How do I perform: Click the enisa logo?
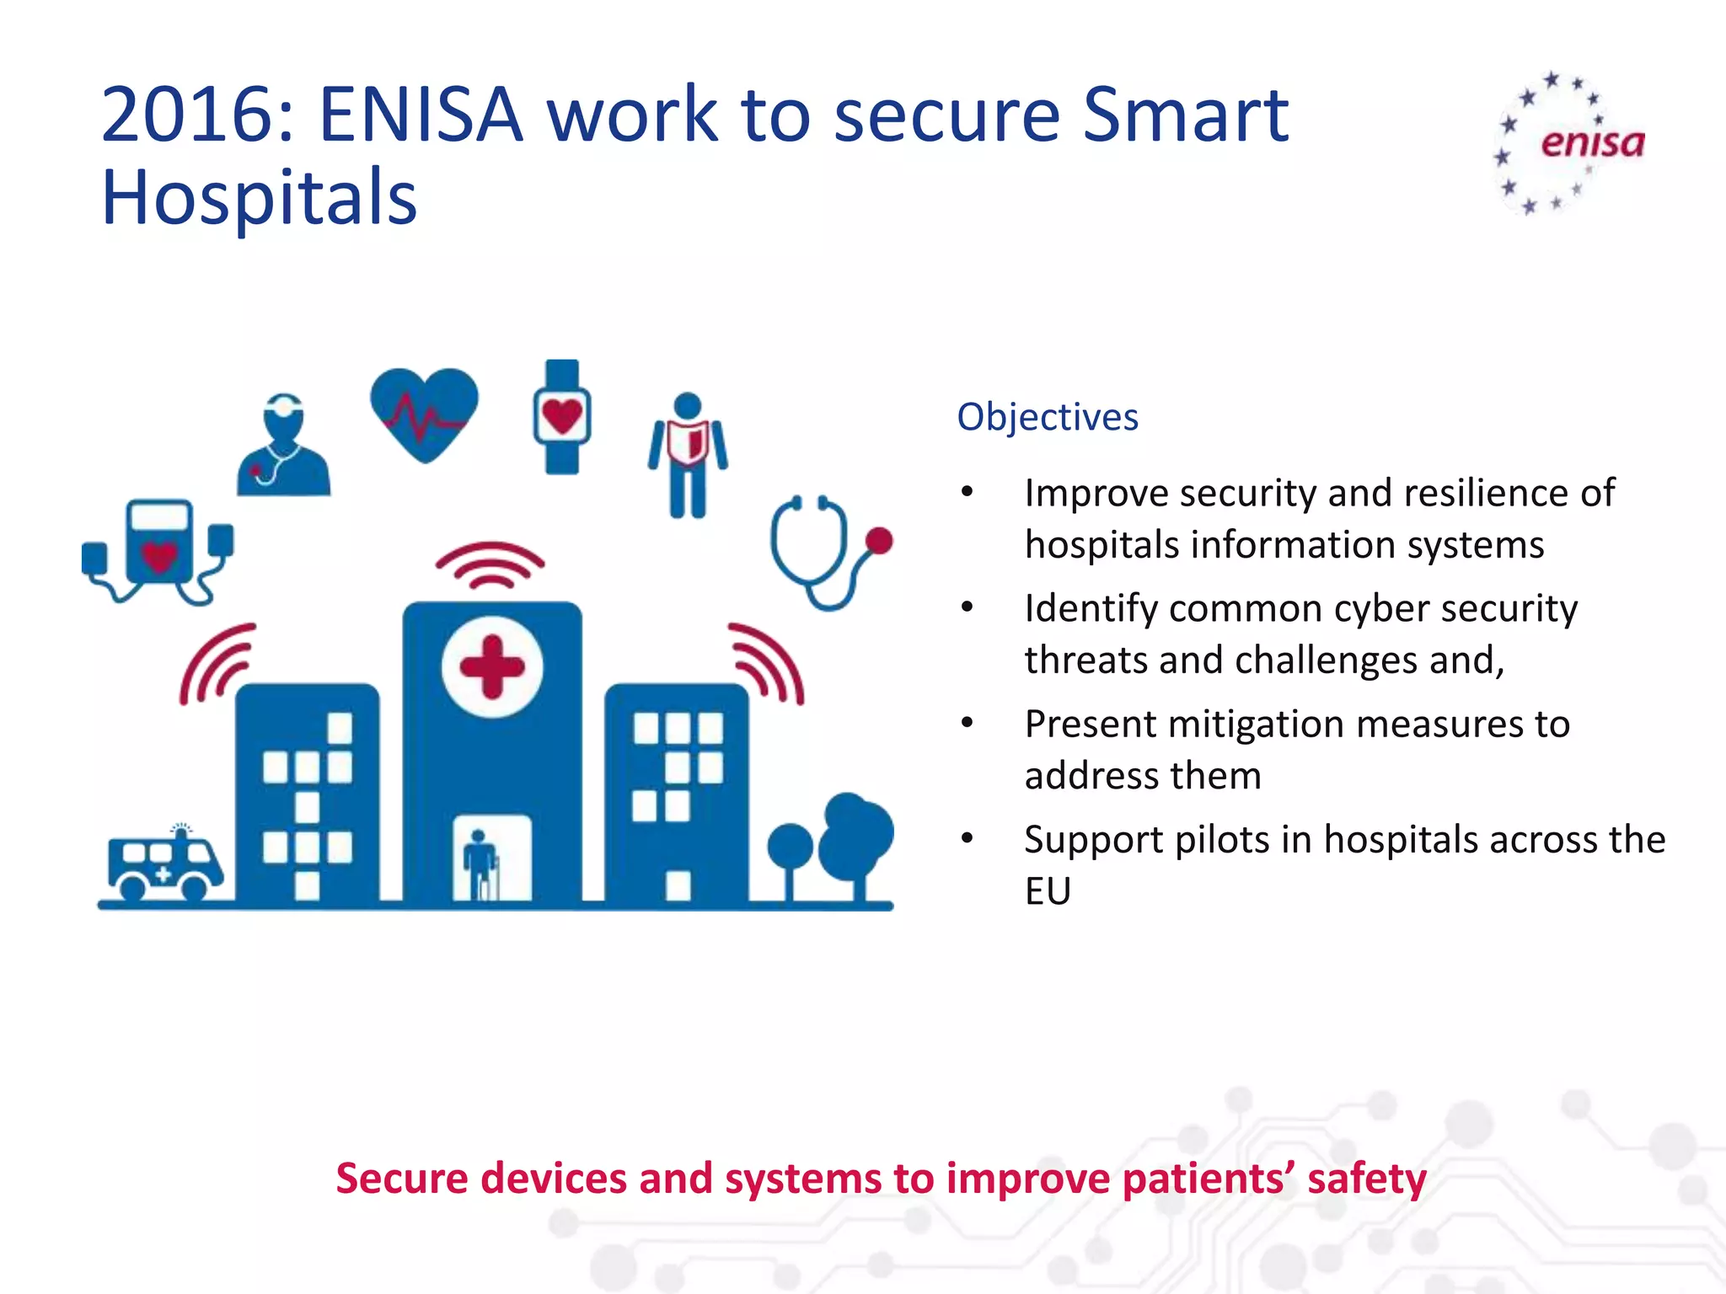1569,143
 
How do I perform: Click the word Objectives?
1048,418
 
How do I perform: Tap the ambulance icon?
165,863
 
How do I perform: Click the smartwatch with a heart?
562,417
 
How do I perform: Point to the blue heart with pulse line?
424,413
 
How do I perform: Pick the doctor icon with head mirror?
283,446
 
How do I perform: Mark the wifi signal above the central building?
490,565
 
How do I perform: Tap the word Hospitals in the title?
260,198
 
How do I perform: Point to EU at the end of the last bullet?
1048,891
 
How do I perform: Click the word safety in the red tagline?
1366,1178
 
